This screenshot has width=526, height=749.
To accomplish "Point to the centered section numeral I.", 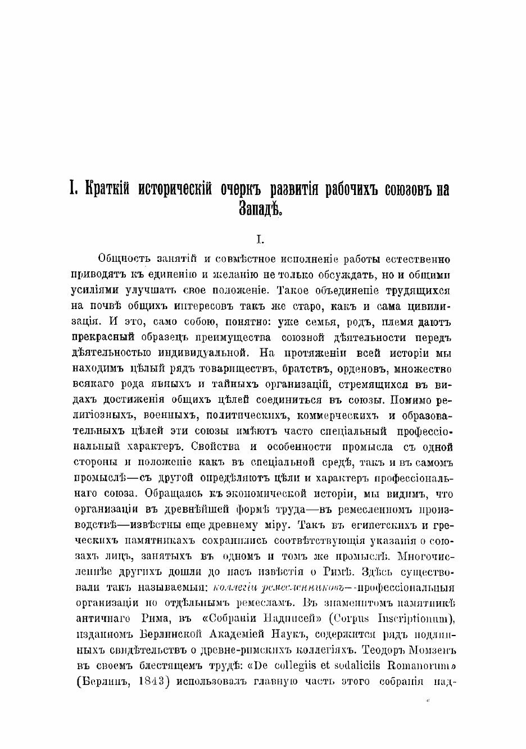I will [x=260, y=240].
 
